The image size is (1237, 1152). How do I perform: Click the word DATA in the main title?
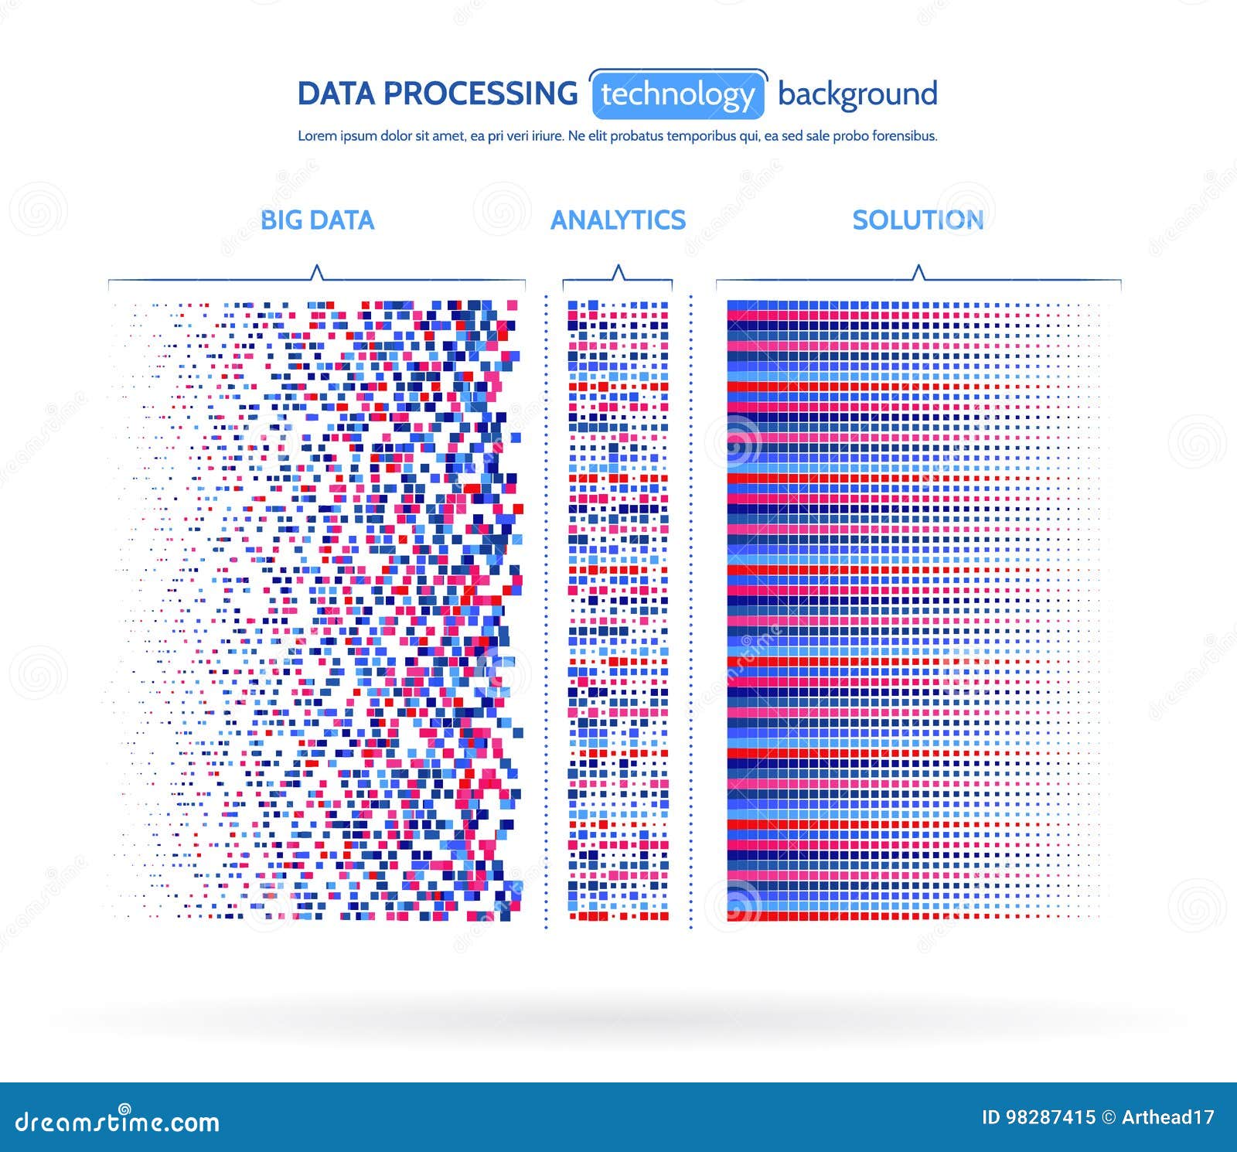click(336, 94)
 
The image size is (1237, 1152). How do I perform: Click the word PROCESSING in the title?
click(480, 94)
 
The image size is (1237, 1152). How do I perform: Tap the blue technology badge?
click(678, 94)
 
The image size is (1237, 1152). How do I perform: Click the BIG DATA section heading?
click(317, 220)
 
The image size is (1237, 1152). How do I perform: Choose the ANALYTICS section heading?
click(618, 220)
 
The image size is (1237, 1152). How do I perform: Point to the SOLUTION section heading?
click(918, 220)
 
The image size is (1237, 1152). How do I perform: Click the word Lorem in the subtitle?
click(318, 136)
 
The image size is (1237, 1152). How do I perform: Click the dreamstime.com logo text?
click(118, 1120)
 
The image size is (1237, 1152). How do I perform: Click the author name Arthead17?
click(1168, 1117)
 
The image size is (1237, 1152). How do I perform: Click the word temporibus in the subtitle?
click(700, 137)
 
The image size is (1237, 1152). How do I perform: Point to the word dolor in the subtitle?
click(397, 136)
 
